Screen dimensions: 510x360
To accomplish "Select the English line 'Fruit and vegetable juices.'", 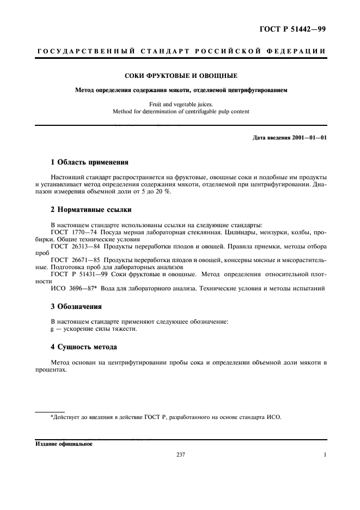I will click(x=180, y=104).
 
